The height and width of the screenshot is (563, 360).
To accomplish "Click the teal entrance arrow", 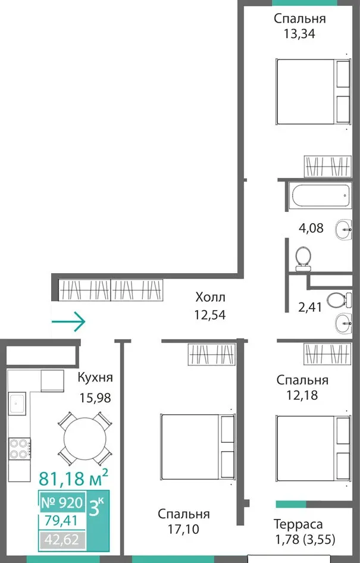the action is click(x=68, y=321).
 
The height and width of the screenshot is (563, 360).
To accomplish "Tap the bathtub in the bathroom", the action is click(x=321, y=195).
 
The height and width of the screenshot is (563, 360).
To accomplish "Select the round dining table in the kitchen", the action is click(x=84, y=439).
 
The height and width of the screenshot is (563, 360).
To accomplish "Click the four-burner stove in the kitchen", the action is click(x=20, y=449).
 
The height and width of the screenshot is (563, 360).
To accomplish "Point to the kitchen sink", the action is click(x=17, y=403).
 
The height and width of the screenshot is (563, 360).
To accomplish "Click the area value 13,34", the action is click(x=299, y=34).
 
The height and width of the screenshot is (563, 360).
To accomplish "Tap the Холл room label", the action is click(x=210, y=298).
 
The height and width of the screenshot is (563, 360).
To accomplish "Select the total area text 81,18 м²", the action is click(x=73, y=477).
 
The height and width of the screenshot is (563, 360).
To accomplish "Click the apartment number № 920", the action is click(x=62, y=503).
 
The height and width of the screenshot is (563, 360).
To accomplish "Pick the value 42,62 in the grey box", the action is click(x=62, y=539).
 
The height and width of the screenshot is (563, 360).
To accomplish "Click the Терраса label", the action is click(x=298, y=524).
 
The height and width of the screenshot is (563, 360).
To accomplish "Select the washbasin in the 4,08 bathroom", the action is click(x=343, y=229).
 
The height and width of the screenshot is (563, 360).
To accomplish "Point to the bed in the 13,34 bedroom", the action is click(x=313, y=92).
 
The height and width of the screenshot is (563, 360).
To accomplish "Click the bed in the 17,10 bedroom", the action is click(x=198, y=447).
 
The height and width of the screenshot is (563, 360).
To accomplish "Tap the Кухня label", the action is click(x=95, y=377).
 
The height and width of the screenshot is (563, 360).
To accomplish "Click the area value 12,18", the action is click(x=302, y=395).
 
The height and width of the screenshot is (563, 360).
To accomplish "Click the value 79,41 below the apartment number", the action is click(x=61, y=520).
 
